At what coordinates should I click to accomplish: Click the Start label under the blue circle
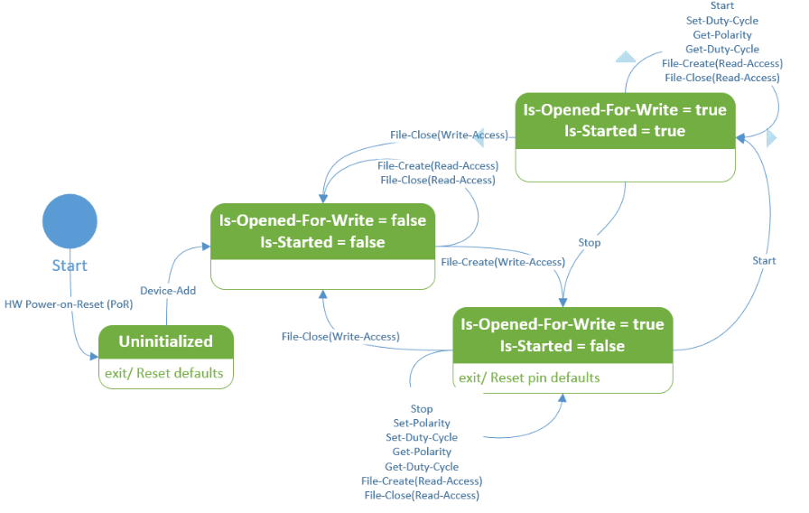70,266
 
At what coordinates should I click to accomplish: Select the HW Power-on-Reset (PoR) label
69,304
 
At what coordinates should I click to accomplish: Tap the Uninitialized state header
166,341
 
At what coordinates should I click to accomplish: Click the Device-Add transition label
168,290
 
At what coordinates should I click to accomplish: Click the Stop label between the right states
589,242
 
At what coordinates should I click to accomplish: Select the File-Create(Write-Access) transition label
503,262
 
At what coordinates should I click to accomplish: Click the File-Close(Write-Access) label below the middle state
339,337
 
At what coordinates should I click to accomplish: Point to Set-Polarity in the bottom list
422,424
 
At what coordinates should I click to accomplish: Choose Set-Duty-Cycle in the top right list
721,21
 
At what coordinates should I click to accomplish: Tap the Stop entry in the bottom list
422,409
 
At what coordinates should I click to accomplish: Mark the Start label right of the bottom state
764,261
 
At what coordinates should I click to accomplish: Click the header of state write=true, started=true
625,120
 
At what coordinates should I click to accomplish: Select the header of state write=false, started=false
322,231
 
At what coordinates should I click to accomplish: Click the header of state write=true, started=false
562,335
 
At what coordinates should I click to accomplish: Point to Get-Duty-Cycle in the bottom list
422,467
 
